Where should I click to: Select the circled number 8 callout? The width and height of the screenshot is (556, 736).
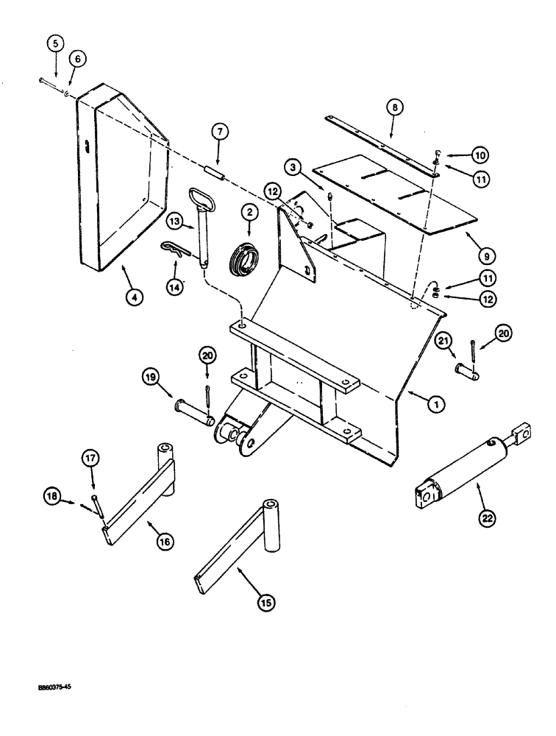(x=395, y=108)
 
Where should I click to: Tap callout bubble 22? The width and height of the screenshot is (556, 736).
(x=487, y=519)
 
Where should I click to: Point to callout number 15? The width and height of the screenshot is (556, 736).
(x=265, y=603)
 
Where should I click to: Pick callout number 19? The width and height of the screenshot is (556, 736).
(x=151, y=378)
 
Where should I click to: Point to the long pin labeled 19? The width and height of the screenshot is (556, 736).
(x=193, y=411)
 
